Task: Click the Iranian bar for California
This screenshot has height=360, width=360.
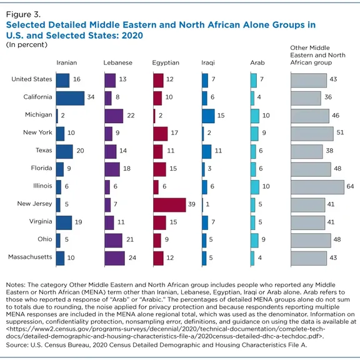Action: click(70, 98)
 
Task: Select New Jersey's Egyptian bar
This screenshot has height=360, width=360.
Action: click(169, 205)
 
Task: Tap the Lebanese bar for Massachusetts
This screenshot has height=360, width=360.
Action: click(115, 258)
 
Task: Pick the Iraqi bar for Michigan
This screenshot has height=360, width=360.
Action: click(209, 116)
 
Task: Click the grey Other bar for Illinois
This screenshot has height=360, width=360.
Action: click(317, 187)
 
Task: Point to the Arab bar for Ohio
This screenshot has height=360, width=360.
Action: click(254, 241)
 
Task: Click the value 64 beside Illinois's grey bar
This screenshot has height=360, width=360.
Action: click(350, 186)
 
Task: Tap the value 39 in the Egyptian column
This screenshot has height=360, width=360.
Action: click(192, 204)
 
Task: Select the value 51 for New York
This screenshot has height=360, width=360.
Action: click(340, 132)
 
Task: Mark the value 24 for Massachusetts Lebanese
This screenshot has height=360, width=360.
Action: click(132, 257)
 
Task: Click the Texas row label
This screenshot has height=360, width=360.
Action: click(44, 150)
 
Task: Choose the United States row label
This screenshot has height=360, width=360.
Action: click(32, 79)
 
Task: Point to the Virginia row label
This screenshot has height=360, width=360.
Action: click(41, 221)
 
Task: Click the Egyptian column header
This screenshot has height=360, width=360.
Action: click(166, 62)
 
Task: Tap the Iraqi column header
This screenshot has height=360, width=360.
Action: click(208, 62)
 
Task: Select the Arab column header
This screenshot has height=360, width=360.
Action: click(257, 62)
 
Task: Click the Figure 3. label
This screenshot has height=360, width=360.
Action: click(23, 14)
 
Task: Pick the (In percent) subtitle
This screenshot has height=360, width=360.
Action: click(27, 44)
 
